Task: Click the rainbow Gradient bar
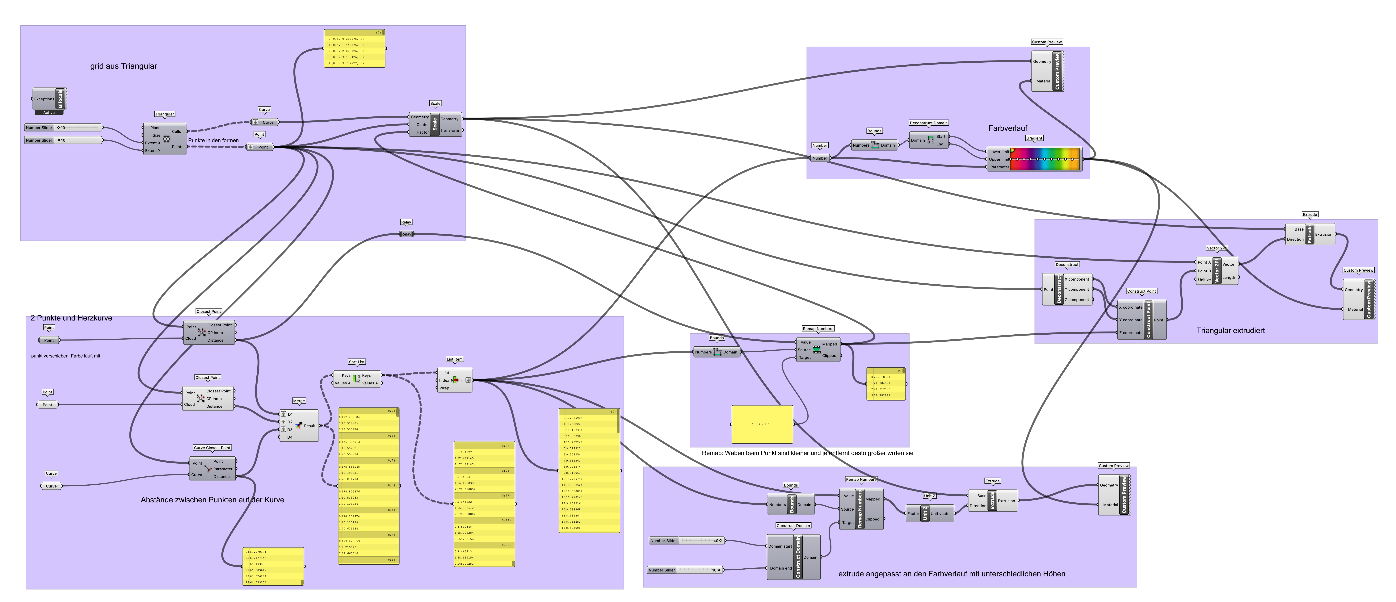(x=1045, y=159)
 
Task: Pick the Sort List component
(x=357, y=379)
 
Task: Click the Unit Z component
(x=925, y=513)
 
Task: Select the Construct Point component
(x=1148, y=320)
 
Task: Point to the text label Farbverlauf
(x=1007, y=128)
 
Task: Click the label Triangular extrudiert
(x=1230, y=330)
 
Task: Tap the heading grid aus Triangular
(x=124, y=66)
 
